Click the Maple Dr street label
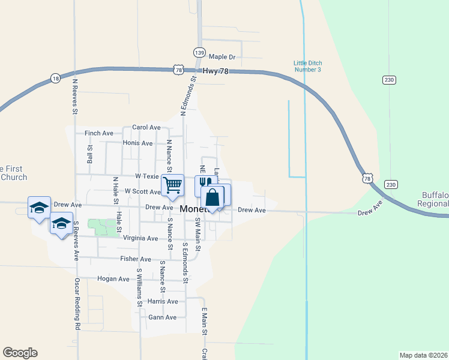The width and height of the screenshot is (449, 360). (x=221, y=57)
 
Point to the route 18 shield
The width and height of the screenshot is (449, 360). (x=55, y=78)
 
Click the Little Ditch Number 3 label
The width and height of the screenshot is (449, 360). (x=307, y=66)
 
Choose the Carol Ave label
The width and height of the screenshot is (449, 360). (x=146, y=127)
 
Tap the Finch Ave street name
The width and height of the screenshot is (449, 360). (x=99, y=133)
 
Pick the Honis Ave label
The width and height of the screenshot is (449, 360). (x=137, y=143)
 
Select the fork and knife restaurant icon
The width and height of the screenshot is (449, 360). (x=205, y=183)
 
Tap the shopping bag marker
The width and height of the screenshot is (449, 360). (x=213, y=197)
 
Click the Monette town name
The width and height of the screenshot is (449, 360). (x=193, y=209)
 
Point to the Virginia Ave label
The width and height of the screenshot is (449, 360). (x=141, y=238)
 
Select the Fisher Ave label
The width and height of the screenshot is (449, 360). (x=135, y=259)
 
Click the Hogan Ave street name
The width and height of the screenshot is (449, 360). (x=113, y=279)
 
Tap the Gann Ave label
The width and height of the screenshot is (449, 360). (x=162, y=317)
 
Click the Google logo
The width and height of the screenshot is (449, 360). (x=20, y=353)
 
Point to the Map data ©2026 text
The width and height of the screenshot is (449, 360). (x=423, y=355)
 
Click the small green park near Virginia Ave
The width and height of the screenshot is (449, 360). (x=103, y=227)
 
